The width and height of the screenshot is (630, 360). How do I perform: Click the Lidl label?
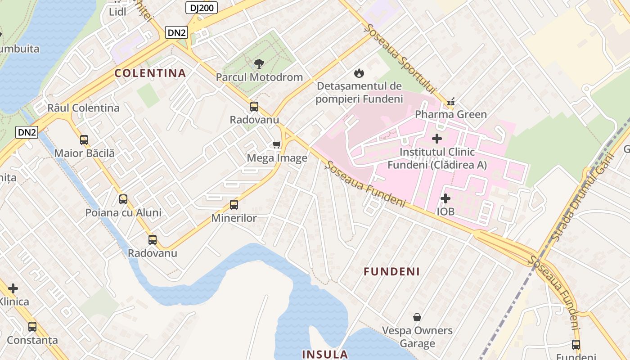(x=117, y=12)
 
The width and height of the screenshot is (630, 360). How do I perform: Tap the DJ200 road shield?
(x=202, y=7)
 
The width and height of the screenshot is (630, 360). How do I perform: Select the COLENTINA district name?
(x=150, y=73)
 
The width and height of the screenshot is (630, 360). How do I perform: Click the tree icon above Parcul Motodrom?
(x=259, y=64)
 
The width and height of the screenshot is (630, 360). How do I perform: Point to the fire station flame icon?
(x=359, y=72)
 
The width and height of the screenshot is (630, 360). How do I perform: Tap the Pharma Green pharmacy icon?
(x=450, y=102)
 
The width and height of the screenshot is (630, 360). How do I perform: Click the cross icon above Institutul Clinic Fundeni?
(x=436, y=139)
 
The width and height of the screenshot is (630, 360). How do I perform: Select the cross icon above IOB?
(x=445, y=198)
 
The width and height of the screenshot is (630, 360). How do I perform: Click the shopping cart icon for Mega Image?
(x=277, y=144)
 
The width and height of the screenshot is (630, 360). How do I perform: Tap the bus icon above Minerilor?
(x=234, y=205)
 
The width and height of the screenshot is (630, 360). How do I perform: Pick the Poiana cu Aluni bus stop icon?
(x=123, y=199)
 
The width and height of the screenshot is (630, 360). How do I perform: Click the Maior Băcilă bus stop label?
(x=84, y=153)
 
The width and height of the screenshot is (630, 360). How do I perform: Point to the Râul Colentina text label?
(x=83, y=108)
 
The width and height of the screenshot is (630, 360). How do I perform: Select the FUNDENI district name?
(x=391, y=271)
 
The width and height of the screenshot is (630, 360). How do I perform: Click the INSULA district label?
(x=325, y=354)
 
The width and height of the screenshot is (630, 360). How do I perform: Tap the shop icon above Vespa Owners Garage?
(x=417, y=317)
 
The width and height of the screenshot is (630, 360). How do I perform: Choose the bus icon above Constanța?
(x=32, y=327)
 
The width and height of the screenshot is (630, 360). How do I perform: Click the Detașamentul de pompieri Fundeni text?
(x=359, y=92)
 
